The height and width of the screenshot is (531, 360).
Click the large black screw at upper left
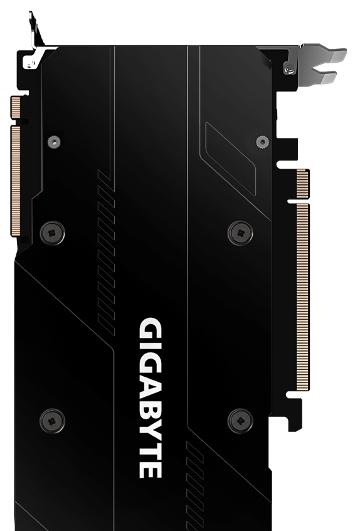52,233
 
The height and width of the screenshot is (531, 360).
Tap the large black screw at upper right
240,233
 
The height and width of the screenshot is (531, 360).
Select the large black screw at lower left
52,420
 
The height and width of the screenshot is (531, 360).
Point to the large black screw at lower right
240,420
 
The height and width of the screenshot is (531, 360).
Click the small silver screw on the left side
54,142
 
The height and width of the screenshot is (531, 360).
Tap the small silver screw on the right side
262,142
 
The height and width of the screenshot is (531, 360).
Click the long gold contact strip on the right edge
302,279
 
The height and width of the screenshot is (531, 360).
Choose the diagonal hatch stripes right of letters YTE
195,476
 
